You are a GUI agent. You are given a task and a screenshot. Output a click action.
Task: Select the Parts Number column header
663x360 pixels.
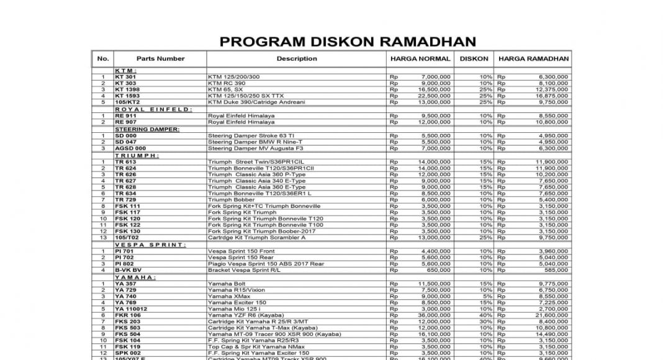click(160, 59)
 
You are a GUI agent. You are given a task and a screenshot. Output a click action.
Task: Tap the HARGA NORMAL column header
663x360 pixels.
click(420, 59)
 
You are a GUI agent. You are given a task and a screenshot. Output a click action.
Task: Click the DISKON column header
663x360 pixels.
click(474, 59)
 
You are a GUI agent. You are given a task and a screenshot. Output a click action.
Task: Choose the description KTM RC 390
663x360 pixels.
click(227, 83)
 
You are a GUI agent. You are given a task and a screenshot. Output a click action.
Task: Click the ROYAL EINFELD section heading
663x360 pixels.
click(153, 109)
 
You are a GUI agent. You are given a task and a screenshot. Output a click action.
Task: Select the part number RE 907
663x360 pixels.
click(125, 122)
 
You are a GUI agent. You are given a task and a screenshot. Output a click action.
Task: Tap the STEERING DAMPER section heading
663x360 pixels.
click(147, 129)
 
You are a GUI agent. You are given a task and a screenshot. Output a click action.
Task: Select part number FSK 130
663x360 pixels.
click(127, 232)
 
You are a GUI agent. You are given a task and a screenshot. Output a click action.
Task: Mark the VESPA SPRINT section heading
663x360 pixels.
click(150, 245)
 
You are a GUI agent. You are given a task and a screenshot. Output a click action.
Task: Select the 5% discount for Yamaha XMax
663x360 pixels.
click(487, 296)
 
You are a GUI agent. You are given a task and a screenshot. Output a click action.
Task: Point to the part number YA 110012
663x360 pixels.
click(131, 308)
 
